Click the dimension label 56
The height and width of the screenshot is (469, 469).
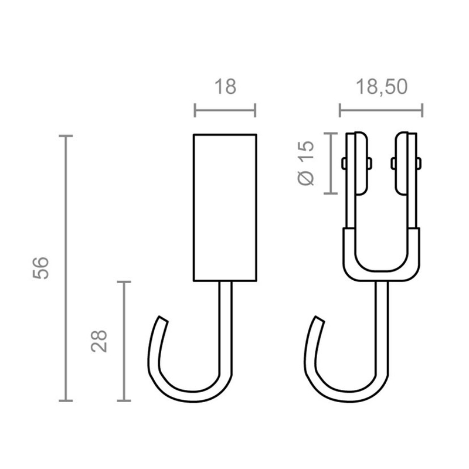[40, 268]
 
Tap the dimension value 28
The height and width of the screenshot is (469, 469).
[99, 341]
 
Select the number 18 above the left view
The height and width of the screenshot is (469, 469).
[225, 87]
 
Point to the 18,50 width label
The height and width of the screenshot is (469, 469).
[382, 87]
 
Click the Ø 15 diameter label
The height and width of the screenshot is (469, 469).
[306, 163]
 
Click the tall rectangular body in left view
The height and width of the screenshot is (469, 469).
[225, 208]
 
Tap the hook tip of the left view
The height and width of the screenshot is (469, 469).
[163, 319]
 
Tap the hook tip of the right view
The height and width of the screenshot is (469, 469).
[320, 319]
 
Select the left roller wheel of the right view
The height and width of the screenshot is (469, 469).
[361, 164]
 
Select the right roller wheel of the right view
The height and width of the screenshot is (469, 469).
[402, 164]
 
